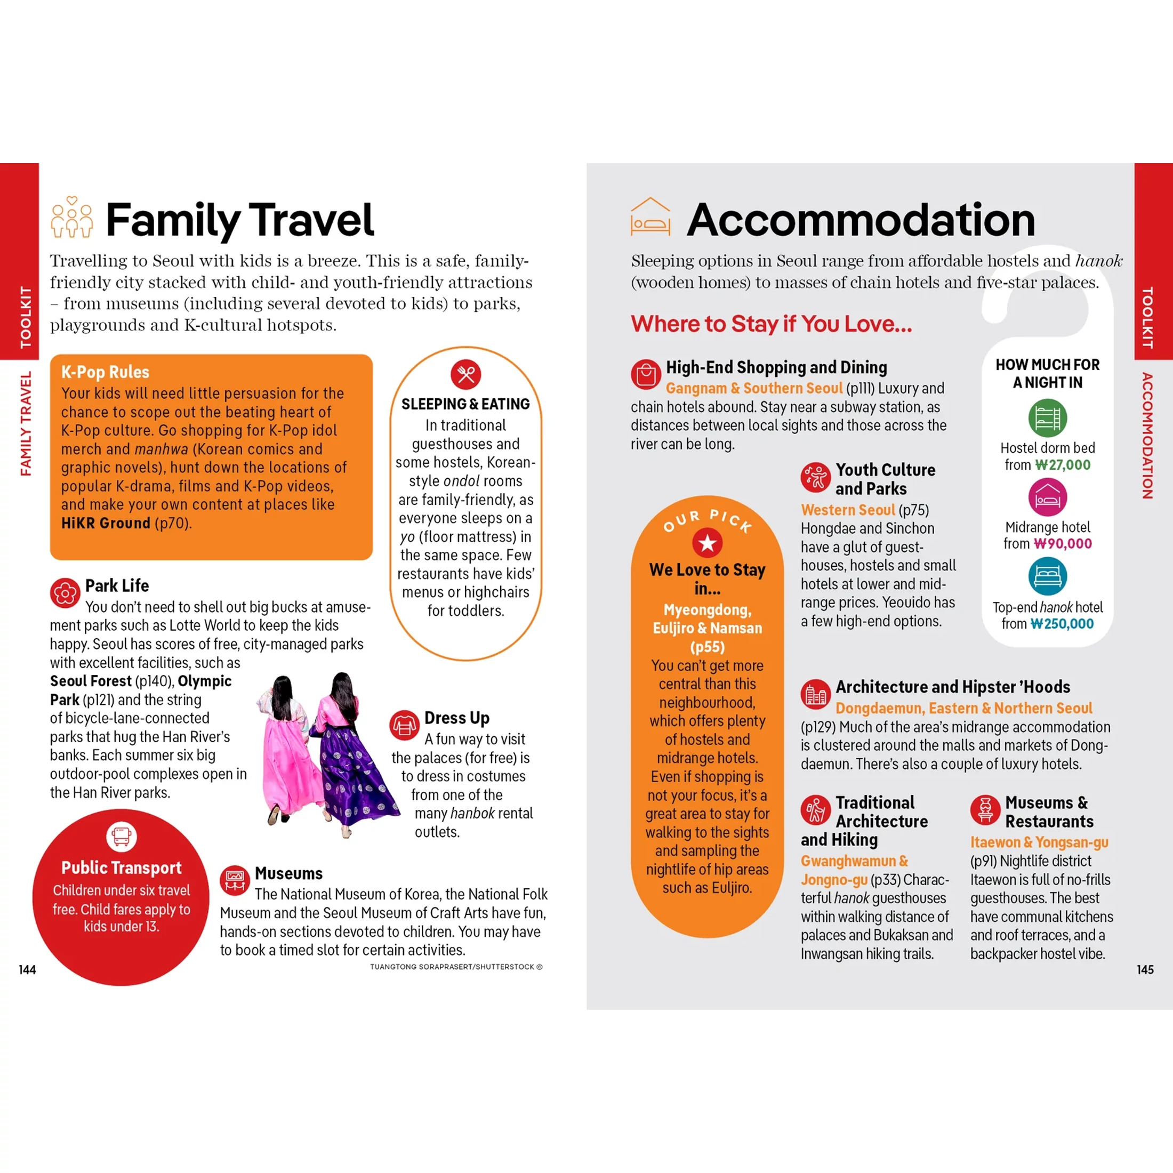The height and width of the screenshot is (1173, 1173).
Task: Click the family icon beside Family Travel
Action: coord(71,218)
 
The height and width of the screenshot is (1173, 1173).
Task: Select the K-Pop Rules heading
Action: coord(105,372)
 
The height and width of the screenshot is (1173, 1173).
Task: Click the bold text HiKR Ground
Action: coord(106,524)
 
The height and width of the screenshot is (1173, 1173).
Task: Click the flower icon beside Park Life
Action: coord(65,593)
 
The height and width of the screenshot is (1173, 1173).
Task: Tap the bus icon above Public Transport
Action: coord(122,837)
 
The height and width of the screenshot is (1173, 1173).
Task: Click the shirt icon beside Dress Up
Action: coord(404,725)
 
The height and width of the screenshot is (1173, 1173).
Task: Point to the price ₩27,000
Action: coord(1063,465)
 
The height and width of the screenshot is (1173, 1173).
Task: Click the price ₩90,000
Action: coord(1063,544)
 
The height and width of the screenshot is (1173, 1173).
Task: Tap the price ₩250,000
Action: coord(1063,624)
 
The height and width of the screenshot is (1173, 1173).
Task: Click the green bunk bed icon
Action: coord(1047,417)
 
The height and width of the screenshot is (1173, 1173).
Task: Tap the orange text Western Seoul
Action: coord(848,510)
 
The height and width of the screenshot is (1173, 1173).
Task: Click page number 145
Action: coord(1145,970)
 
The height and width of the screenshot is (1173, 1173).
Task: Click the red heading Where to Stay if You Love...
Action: coord(771,324)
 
